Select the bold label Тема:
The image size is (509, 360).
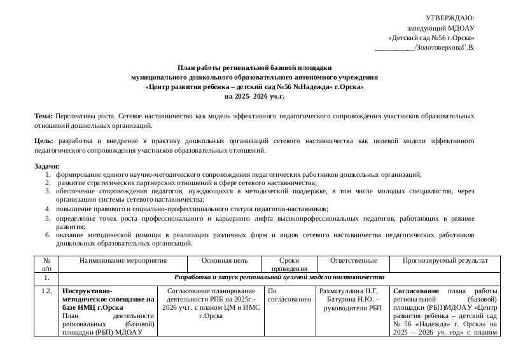pos(44,116)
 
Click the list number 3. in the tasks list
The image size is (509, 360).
pos(48,190)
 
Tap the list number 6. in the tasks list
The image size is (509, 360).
pos(48,235)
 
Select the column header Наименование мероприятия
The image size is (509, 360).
pos(123,261)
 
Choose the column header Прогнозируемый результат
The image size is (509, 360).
pos(445,261)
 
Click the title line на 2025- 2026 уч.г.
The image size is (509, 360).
pos(254,96)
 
